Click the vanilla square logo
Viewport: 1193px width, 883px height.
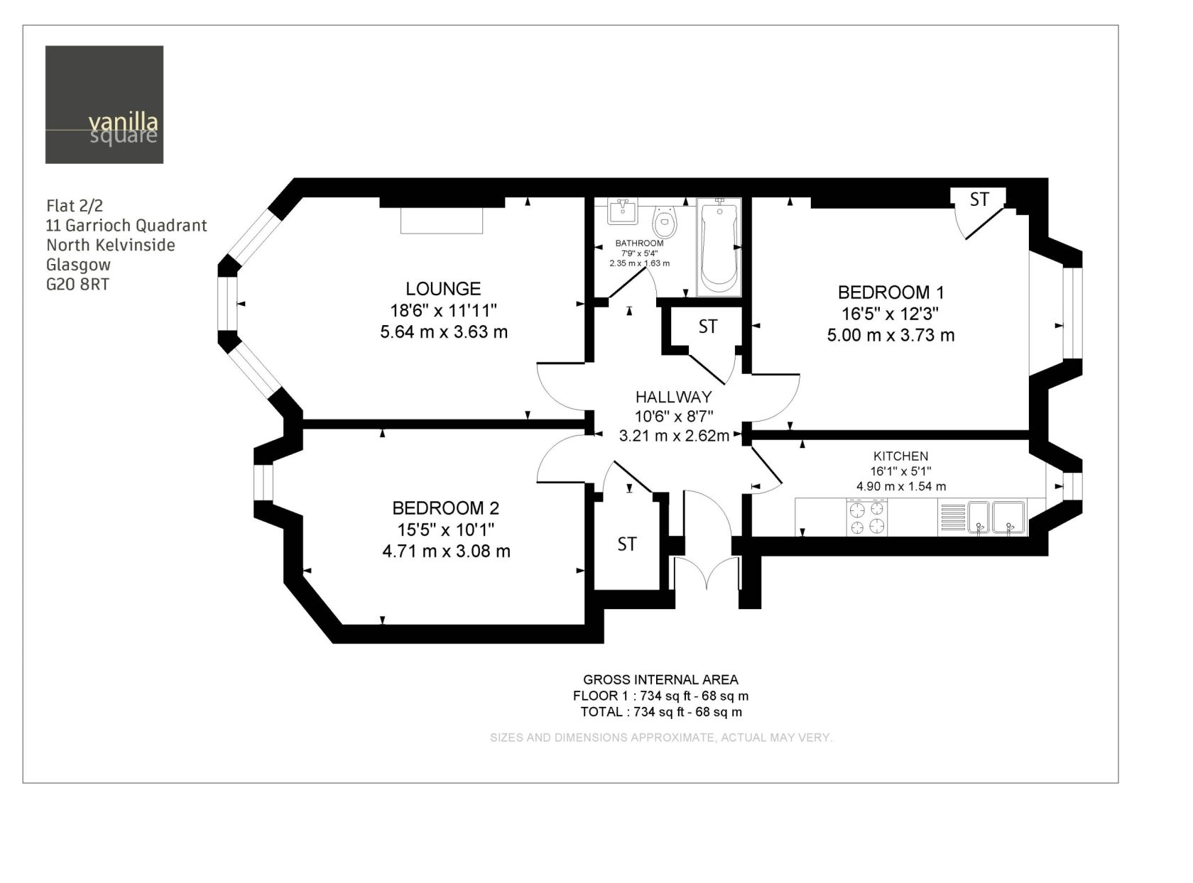tap(104, 104)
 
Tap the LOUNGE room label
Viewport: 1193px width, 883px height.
tap(442, 289)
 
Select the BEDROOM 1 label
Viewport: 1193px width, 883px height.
tap(890, 292)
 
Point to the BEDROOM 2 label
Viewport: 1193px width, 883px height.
tap(445, 508)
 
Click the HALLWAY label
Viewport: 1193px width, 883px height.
tap(673, 397)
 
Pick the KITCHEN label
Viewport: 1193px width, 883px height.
tap(900, 456)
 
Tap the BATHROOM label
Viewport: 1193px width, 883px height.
tap(640, 243)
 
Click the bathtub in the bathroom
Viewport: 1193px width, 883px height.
tap(719, 247)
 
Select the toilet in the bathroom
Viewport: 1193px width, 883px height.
tap(665, 222)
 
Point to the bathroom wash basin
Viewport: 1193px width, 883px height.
tap(622, 211)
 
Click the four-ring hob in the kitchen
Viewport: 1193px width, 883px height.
tap(867, 517)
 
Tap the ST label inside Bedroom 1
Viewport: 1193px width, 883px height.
tap(979, 199)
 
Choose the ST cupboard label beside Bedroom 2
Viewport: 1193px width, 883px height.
tap(626, 544)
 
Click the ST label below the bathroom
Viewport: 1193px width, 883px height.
tap(707, 327)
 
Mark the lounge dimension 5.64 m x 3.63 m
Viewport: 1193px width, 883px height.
tap(444, 331)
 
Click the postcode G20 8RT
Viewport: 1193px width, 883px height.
tap(77, 284)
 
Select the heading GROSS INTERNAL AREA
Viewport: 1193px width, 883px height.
tap(660, 680)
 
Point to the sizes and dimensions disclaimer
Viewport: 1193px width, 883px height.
tap(661, 737)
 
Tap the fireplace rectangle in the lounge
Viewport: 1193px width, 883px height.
tap(441, 221)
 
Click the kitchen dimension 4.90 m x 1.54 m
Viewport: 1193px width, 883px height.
tap(901, 486)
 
